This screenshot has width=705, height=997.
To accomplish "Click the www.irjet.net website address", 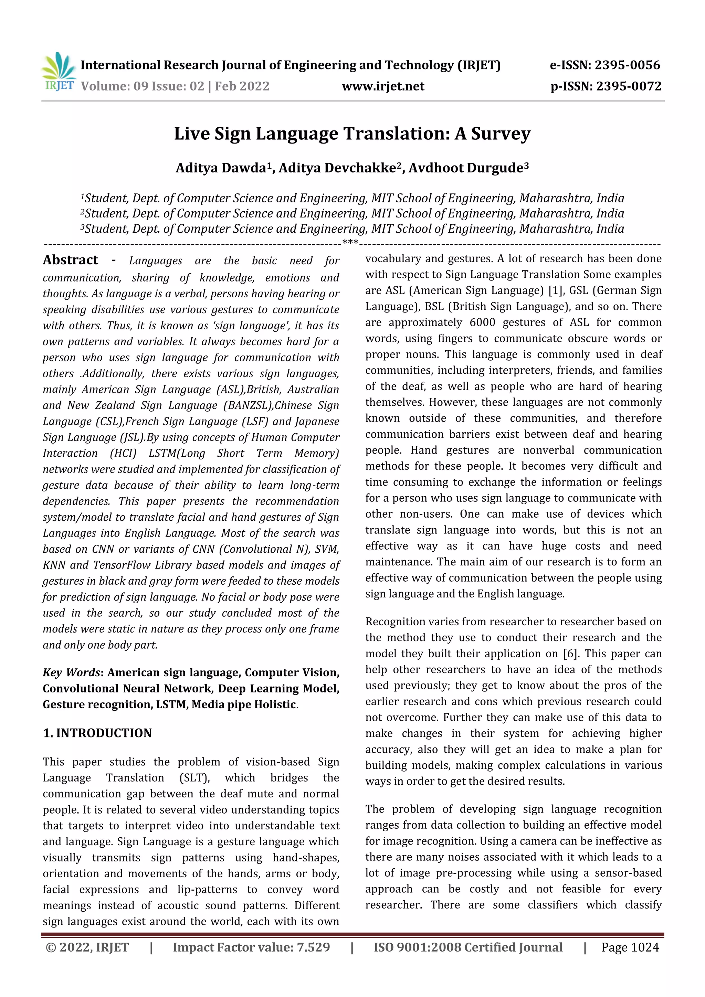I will tap(383, 86).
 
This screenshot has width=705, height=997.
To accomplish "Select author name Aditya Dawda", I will tap(221, 168).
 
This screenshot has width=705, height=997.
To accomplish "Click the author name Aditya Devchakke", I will tap(337, 168).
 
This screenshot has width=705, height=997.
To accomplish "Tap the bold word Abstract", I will tap(70, 260).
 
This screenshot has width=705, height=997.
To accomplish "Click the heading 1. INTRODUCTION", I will tap(97, 733).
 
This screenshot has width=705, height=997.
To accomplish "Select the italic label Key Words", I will tap(71, 672).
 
